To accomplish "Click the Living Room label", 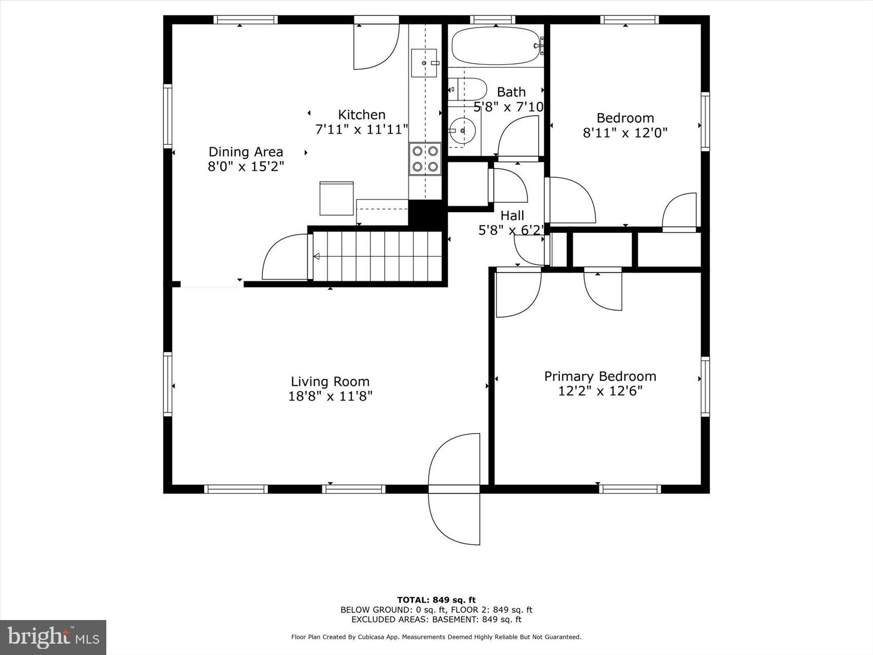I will coord(330,382).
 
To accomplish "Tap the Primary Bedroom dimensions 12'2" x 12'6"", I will coord(600,391).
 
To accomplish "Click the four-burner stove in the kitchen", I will coord(425,159).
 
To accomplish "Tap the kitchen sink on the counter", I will coord(424,63).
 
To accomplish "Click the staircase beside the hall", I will coord(377,256).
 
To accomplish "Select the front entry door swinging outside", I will coord(454,516).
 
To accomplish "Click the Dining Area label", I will coord(245,152).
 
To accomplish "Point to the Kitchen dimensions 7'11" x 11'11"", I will coord(362,129).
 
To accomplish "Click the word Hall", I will coord(512,216).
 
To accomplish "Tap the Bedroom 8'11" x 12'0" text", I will coord(625,126).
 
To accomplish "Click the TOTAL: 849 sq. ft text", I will coord(436,600).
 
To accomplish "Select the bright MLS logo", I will coord(53,638).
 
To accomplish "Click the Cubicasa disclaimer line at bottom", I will coord(436,637).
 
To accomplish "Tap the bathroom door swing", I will coord(519,136).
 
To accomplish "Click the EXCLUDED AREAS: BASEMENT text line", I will coord(436,620).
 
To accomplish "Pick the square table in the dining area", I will coord(336,198).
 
